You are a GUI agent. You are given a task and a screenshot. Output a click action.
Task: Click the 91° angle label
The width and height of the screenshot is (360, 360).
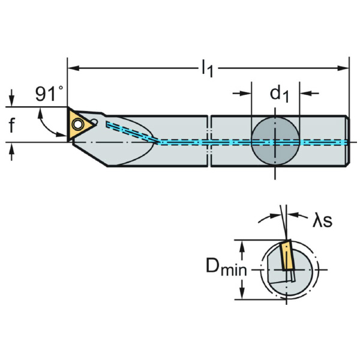click(50, 94)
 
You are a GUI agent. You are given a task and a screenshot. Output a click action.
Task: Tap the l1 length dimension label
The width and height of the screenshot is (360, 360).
click(206, 68)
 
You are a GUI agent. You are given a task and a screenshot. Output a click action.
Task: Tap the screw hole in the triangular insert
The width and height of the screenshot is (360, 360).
click(77, 124)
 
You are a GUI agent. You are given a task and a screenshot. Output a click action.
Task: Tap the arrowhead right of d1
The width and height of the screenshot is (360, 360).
click(303, 94)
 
